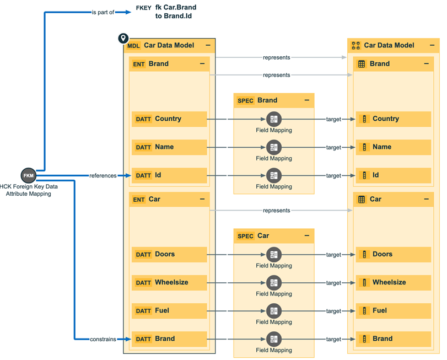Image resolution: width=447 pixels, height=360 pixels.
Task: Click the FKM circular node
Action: tap(28, 176)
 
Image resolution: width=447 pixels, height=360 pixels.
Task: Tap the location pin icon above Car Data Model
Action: tap(123, 39)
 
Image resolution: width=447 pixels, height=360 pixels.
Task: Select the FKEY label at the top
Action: tap(143, 8)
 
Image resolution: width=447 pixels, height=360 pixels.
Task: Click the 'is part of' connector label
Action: tap(103, 12)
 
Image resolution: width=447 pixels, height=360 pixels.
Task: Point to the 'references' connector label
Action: tap(103, 176)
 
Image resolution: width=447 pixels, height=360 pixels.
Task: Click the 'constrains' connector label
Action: tap(103, 339)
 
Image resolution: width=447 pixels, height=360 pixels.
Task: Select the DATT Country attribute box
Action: tap(169, 119)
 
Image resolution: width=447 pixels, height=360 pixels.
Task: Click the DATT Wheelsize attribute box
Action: tap(169, 283)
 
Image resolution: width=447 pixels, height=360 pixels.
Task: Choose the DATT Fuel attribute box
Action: tap(169, 311)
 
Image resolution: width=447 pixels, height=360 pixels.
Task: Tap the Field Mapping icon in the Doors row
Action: tap(274, 255)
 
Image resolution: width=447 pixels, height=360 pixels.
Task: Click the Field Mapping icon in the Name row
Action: tap(274, 147)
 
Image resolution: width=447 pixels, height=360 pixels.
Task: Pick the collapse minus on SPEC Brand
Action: tap(307, 100)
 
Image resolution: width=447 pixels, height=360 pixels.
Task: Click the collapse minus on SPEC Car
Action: tap(307, 236)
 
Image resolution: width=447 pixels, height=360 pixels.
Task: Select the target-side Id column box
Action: tap(393, 175)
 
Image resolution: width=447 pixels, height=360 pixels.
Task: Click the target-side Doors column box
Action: tap(393, 255)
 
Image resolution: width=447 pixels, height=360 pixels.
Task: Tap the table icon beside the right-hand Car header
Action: tap(362, 200)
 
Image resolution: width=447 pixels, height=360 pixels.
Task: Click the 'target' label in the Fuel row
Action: tap(333, 311)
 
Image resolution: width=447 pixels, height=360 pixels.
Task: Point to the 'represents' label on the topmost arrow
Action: tap(276, 57)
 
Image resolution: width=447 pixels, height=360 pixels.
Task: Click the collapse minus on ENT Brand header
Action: tap(202, 64)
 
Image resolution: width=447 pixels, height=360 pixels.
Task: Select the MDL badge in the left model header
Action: tap(134, 46)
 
